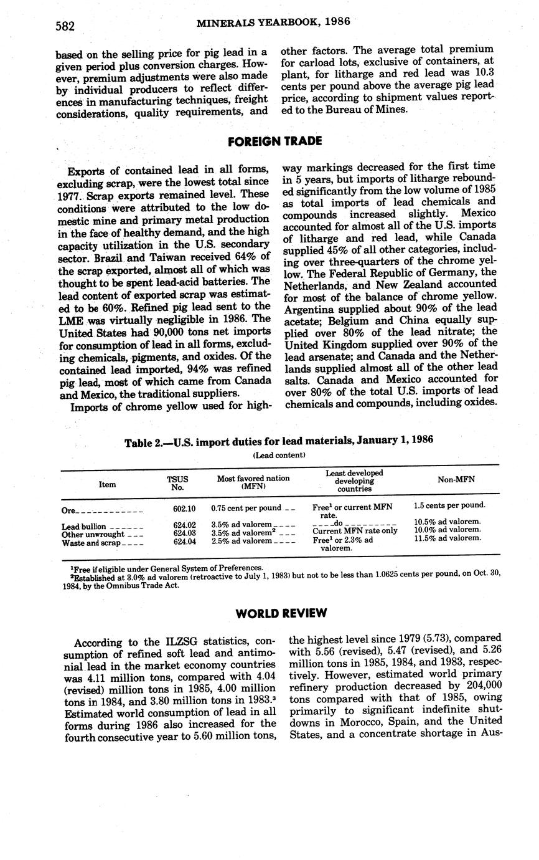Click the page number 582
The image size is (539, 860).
click(65, 26)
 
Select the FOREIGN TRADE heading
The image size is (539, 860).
click(274, 141)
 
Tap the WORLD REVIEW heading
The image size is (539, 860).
click(281, 613)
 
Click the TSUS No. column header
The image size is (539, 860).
click(177, 484)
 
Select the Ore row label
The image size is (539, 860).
click(69, 510)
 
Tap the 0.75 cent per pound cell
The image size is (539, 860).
click(246, 508)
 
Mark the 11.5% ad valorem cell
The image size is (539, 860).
click(447, 537)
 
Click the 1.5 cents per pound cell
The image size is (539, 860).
click(449, 505)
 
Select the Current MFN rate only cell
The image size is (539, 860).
click(355, 531)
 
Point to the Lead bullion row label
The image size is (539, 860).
click(83, 527)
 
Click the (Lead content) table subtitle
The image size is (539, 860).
click(279, 455)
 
